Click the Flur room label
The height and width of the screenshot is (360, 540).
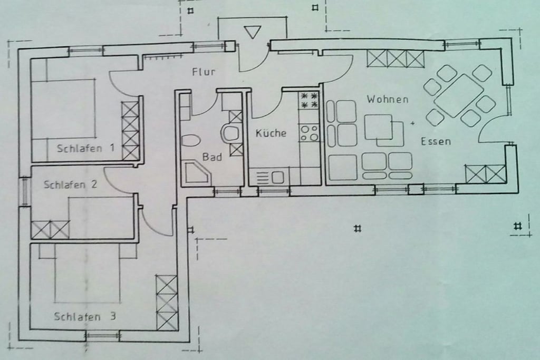tap(204, 72)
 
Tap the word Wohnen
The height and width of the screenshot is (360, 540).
tap(388, 100)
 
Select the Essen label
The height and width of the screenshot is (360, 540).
tap(436, 141)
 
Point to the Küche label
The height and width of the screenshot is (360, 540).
tap(271, 133)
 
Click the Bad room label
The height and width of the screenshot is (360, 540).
tap(212, 157)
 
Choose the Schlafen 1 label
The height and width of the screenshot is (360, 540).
tap(85, 148)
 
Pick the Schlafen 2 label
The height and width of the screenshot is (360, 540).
tap(70, 184)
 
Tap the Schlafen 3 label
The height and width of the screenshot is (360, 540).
tap(85, 316)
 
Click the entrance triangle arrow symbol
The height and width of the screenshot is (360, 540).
tap(253, 32)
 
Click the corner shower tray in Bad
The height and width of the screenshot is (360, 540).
tap(198, 173)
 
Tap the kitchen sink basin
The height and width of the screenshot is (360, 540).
tap(278, 178)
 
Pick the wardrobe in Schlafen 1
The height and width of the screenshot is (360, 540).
tap(130, 131)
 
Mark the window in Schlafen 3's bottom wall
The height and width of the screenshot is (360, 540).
tap(103, 335)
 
